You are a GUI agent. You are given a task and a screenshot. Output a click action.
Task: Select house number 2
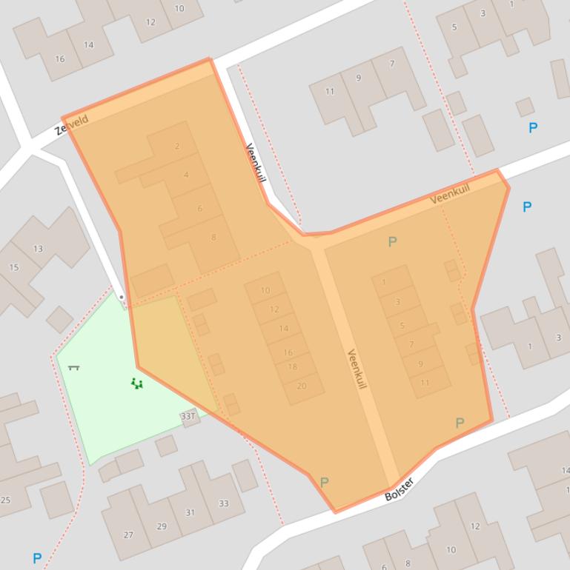[x=177, y=147]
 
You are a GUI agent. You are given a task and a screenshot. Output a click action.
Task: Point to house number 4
[x=186, y=175]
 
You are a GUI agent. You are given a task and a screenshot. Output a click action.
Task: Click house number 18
[x=292, y=367]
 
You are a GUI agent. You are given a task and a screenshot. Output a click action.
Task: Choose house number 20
[x=301, y=386]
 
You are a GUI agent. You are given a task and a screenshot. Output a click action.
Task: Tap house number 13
[x=38, y=249]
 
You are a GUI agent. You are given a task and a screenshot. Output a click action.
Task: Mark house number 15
[x=14, y=267]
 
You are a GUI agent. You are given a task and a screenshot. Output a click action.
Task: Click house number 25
[x=6, y=500]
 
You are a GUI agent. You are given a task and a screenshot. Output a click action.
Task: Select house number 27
[x=128, y=535]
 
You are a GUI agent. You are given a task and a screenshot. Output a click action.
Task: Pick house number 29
[x=162, y=526]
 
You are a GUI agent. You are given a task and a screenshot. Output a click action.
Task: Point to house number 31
[x=190, y=512]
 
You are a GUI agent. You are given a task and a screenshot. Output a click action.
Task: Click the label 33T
[x=188, y=417]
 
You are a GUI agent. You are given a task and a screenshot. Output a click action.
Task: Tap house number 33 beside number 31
[x=223, y=503]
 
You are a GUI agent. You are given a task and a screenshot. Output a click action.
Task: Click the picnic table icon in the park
[x=73, y=366]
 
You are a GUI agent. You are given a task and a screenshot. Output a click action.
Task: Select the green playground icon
[x=136, y=383]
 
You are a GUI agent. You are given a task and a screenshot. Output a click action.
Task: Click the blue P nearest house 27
[x=37, y=557]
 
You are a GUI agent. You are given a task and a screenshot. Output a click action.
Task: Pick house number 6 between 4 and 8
[x=199, y=209]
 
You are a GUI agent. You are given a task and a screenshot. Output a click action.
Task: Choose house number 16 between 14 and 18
[x=288, y=352]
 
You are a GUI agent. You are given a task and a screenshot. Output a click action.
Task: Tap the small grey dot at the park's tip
[x=122, y=298]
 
